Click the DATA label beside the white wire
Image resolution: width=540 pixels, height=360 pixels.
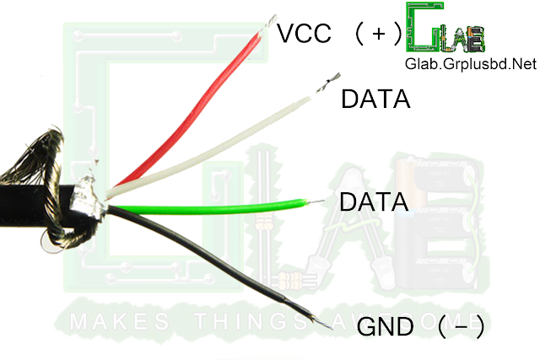[x=375, y=99]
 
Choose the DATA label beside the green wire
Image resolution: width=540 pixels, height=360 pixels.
[x=372, y=202]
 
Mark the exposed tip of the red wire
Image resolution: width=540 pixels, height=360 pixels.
[x=273, y=21]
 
